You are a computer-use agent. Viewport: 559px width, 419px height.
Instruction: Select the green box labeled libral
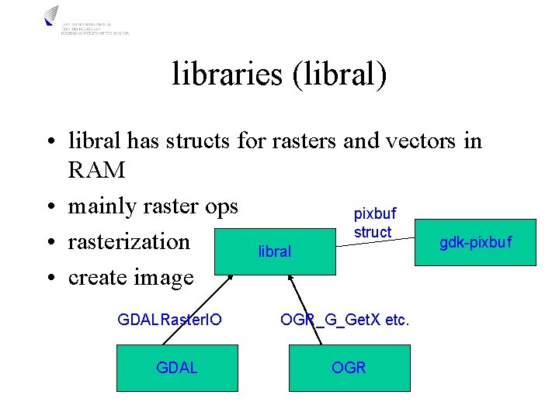point(275,251)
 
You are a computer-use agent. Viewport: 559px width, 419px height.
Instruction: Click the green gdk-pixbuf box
point(475,243)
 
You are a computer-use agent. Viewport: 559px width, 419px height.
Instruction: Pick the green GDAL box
point(176,367)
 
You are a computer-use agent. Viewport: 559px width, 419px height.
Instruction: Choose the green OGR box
point(348,367)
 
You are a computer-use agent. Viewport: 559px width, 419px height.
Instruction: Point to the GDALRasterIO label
point(169,320)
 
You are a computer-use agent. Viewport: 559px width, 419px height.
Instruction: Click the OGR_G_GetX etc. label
point(345,320)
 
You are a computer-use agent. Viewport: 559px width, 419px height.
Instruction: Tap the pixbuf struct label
point(374,222)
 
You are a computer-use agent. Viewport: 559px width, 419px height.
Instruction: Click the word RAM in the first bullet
point(96,169)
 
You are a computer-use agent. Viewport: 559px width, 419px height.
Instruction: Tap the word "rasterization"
point(129,241)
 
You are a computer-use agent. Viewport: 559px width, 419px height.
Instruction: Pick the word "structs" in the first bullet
point(196,141)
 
